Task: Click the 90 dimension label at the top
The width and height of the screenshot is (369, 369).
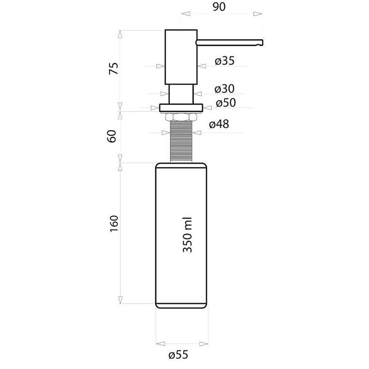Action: tap(219, 7)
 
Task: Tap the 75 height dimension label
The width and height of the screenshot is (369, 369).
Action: tap(113, 68)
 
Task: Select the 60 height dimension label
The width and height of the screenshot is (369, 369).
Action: tap(112, 136)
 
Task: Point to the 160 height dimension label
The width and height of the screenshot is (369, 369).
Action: tap(114, 224)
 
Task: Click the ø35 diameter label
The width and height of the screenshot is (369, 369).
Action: tap(225, 61)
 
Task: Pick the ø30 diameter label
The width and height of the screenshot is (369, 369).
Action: tap(224, 89)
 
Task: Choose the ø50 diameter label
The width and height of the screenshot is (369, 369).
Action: tap(226, 102)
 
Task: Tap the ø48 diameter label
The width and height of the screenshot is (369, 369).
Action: tap(219, 124)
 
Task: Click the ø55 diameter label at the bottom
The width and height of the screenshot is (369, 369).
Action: tap(179, 355)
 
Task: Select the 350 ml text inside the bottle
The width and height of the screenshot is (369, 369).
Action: tap(188, 235)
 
